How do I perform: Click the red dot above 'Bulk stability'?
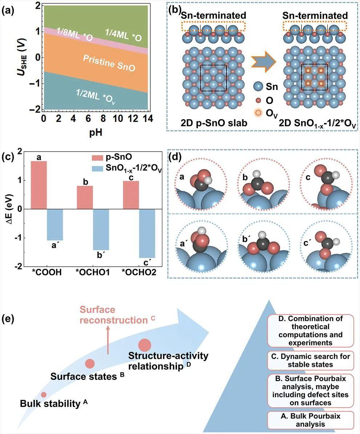pyautogui.click(x=44, y=394)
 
